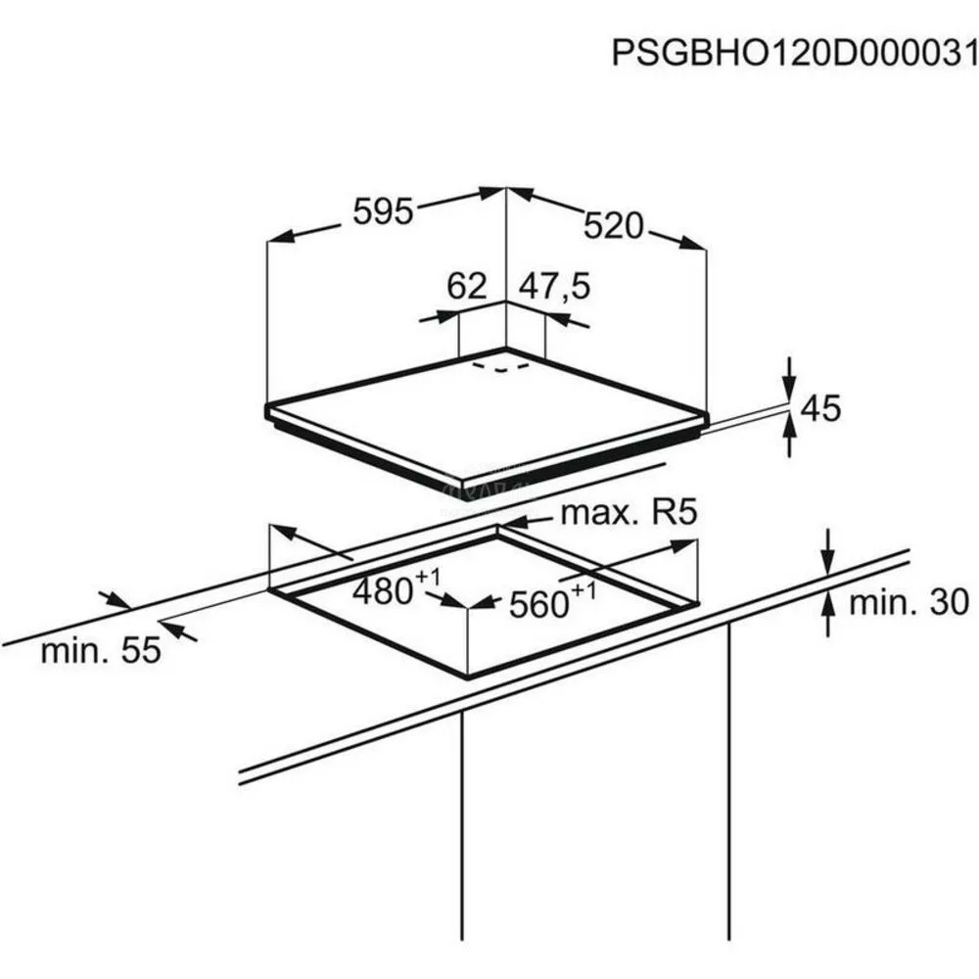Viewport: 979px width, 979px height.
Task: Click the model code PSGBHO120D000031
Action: (794, 53)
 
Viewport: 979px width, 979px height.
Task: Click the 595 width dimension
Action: (384, 211)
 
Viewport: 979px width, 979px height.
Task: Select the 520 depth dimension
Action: (613, 226)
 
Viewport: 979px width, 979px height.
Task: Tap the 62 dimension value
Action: (466, 286)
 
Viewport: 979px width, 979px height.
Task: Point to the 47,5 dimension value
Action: (554, 287)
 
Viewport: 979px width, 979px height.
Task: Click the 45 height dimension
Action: (820, 408)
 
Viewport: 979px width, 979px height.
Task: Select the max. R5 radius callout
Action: (629, 513)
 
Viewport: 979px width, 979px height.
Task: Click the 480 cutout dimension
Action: (396, 586)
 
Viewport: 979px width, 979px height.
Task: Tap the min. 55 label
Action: (101, 650)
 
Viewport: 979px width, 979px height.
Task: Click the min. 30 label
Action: (909, 602)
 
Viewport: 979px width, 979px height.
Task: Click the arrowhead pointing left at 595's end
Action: (279, 237)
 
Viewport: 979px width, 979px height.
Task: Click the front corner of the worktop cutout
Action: (467, 677)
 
